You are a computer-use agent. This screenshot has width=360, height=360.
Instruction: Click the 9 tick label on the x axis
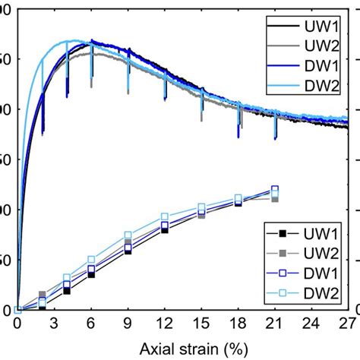[x=128, y=324]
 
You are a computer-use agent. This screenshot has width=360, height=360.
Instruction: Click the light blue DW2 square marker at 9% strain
[x=128, y=235]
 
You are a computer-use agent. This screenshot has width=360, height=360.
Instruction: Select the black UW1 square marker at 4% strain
[x=67, y=291]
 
